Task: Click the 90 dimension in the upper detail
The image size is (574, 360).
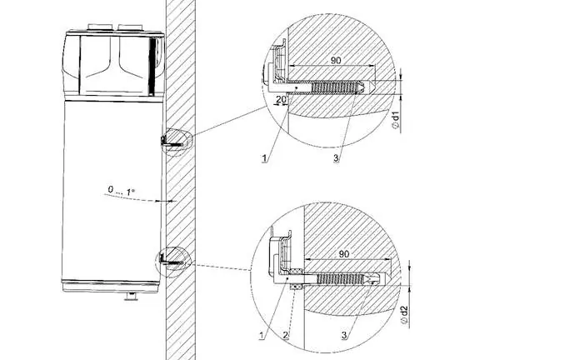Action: [x=336, y=61]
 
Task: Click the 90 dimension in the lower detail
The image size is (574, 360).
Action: [x=344, y=254]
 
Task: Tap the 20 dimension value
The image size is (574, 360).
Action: [x=281, y=99]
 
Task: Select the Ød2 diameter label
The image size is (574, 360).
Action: [x=404, y=315]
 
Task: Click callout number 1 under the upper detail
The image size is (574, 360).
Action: [x=264, y=158]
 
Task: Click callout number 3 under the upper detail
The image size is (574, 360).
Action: [x=336, y=158]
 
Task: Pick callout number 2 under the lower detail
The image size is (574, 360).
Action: [x=286, y=335]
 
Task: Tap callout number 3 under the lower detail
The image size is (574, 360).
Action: [x=344, y=335]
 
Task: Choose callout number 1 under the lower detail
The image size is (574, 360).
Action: [x=262, y=335]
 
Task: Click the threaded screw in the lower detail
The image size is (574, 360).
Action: [x=342, y=279]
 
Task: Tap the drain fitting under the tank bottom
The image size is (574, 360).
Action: [x=131, y=296]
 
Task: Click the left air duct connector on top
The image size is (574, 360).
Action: [x=99, y=27]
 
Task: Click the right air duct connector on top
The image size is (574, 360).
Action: [x=130, y=28]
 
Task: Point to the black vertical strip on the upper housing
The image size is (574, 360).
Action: [x=151, y=66]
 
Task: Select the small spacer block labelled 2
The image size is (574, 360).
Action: [x=296, y=287]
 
